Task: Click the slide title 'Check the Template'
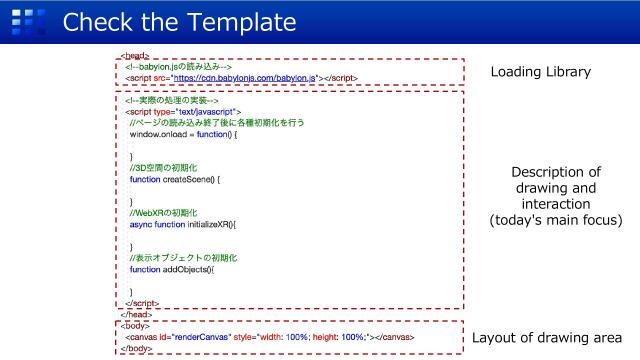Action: (180, 21)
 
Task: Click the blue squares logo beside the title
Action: (33, 21)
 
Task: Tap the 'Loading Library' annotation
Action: (541, 72)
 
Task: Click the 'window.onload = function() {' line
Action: (183, 133)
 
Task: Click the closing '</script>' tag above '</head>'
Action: (142, 302)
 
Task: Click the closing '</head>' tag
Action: (135, 313)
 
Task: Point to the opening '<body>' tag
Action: (133, 326)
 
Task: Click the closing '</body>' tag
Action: (135, 349)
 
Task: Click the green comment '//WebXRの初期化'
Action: (163, 213)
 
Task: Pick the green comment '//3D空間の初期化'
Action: (167, 167)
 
